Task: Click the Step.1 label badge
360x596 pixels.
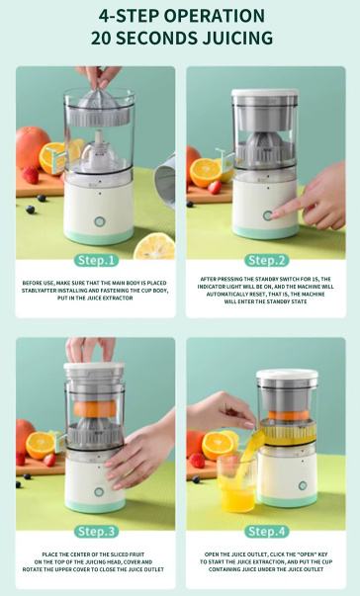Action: (x=96, y=260)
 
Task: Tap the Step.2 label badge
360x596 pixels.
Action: (x=266, y=260)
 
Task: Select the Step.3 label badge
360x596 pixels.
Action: (x=96, y=532)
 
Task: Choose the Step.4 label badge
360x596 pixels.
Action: (x=266, y=532)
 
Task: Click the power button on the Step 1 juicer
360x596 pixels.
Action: (x=99, y=221)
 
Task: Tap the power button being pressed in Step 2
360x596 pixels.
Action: (x=268, y=215)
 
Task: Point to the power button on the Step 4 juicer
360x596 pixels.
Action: (x=303, y=485)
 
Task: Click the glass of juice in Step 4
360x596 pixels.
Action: (x=236, y=482)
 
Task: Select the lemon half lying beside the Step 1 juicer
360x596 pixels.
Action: (x=154, y=246)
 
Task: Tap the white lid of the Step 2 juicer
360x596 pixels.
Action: (x=265, y=93)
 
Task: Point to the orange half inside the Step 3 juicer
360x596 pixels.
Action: (x=95, y=409)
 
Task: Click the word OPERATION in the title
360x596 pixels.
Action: (x=214, y=16)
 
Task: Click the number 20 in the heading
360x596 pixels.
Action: (x=102, y=38)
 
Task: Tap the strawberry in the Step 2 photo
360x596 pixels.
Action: (x=215, y=187)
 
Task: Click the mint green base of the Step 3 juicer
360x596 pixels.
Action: (x=95, y=505)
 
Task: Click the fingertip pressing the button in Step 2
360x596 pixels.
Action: (x=275, y=215)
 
